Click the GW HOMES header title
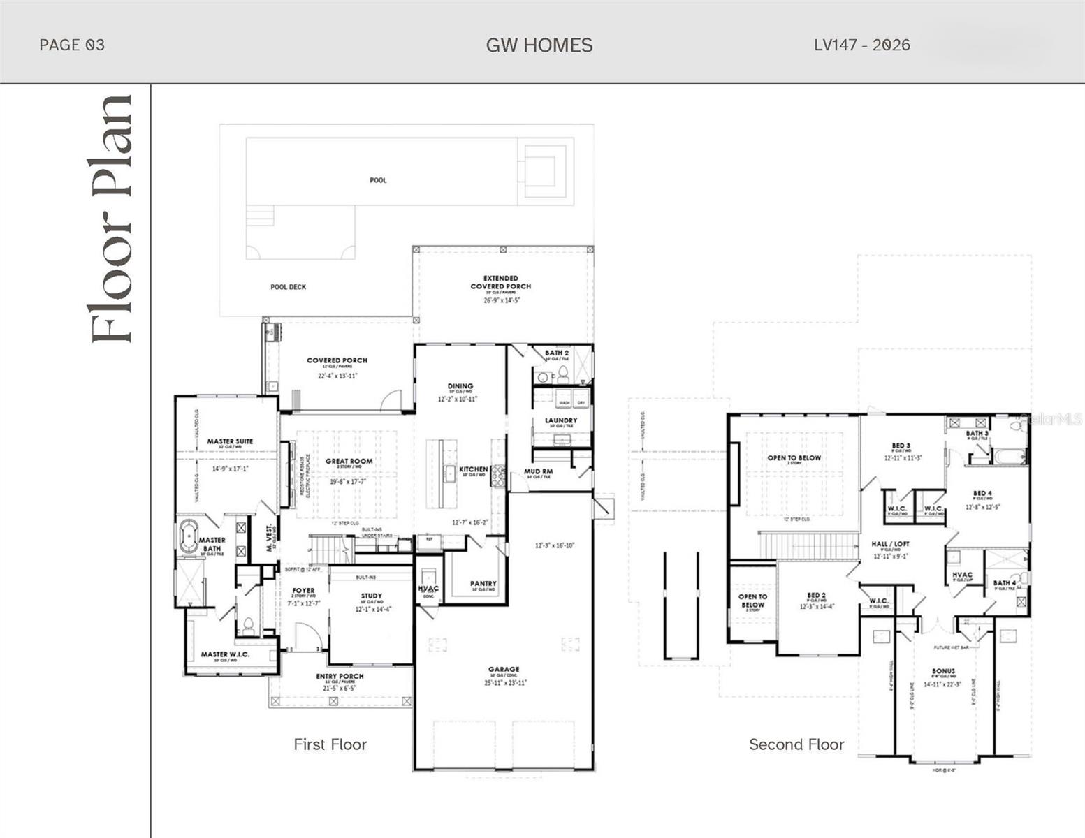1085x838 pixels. (x=539, y=45)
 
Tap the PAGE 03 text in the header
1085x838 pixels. (x=72, y=45)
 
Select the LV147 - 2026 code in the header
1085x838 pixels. (x=861, y=45)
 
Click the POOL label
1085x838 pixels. (x=378, y=180)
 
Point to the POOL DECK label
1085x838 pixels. (x=288, y=287)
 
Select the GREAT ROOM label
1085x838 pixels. (x=349, y=461)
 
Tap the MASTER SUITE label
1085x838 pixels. (x=230, y=441)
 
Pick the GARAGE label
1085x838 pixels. (x=503, y=669)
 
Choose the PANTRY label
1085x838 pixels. (x=483, y=583)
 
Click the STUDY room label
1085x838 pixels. (x=372, y=596)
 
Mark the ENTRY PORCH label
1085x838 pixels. (x=340, y=676)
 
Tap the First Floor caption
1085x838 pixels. (x=330, y=744)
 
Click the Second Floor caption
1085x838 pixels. (x=796, y=744)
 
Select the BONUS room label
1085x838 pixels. (x=942, y=671)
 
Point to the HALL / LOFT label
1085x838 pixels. (x=890, y=543)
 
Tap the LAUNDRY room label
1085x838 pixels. (x=561, y=420)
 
